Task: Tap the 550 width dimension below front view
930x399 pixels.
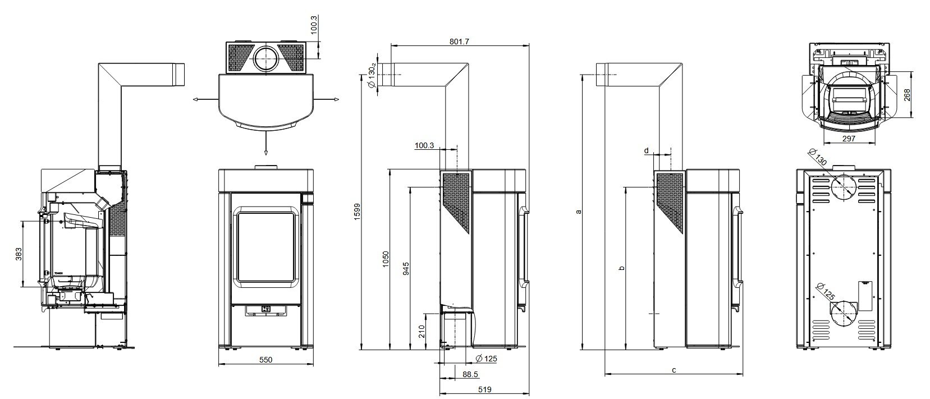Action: tap(265, 360)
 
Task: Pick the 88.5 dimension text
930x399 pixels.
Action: tap(471, 374)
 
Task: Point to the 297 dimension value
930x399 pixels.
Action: tap(849, 139)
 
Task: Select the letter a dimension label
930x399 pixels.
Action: tap(579, 212)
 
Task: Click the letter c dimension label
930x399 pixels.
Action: tap(674, 370)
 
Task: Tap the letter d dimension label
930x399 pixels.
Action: tap(647, 150)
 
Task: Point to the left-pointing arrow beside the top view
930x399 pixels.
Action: tap(195, 99)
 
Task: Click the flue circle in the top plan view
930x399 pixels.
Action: tap(265, 58)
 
